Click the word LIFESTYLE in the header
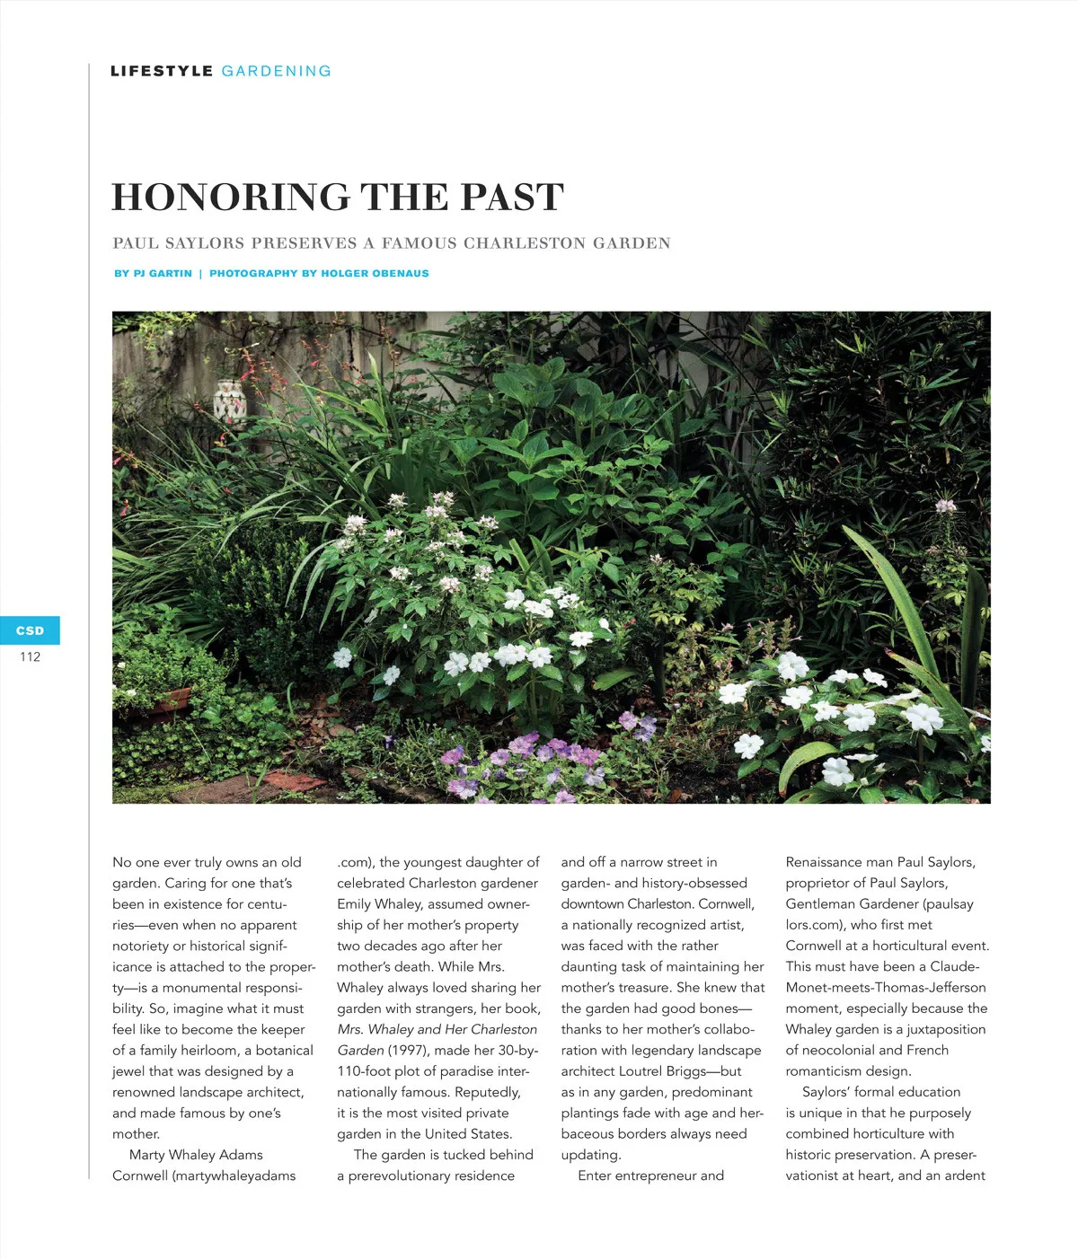click(x=162, y=71)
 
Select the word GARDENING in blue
click(x=277, y=71)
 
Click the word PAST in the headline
click(x=513, y=198)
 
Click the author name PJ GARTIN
click(x=163, y=273)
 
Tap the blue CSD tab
click(x=30, y=630)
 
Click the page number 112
click(x=30, y=656)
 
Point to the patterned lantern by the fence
click(x=231, y=401)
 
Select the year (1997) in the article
click(x=408, y=1050)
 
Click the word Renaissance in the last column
click(x=823, y=862)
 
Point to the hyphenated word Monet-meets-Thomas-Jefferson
click(x=886, y=987)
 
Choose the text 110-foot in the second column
click(x=366, y=1070)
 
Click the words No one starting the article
click(x=142, y=862)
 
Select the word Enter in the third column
click(x=595, y=1175)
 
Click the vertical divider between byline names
click(x=200, y=273)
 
